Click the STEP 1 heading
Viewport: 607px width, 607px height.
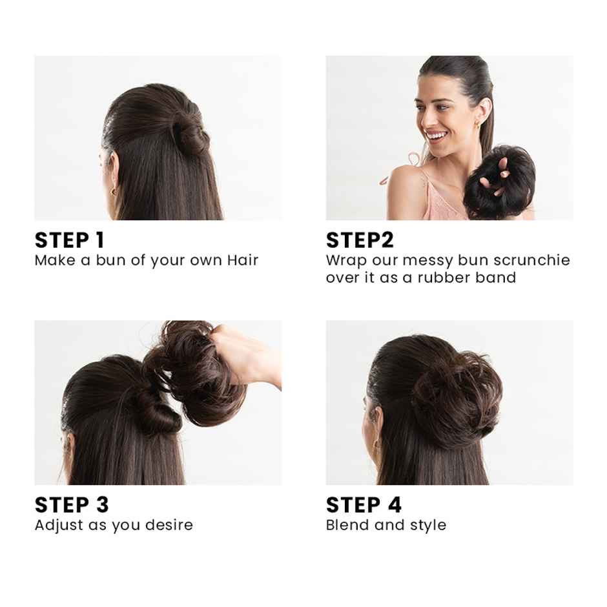[x=69, y=240]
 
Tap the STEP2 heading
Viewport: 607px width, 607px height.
[x=360, y=240]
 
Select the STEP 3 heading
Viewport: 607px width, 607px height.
[x=72, y=504]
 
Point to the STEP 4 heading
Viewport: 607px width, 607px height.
[x=364, y=504]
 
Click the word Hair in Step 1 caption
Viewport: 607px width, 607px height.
[x=242, y=260]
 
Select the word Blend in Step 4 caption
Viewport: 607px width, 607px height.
[x=347, y=524]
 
